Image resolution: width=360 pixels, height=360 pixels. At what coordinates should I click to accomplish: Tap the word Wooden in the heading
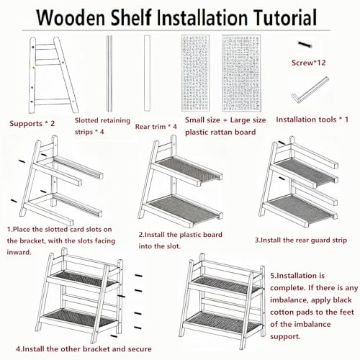coord(71,17)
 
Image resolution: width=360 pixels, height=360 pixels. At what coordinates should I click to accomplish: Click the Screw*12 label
coord(308,63)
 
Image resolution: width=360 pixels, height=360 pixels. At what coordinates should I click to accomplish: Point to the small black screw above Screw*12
coord(305,44)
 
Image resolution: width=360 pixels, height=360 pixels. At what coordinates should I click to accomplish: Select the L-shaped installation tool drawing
coord(310,91)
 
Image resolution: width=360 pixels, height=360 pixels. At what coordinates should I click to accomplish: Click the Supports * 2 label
coord(32,124)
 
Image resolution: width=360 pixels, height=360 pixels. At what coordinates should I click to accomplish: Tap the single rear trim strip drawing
coord(147,73)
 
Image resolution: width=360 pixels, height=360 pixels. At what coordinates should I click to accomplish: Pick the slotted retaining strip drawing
coord(109,73)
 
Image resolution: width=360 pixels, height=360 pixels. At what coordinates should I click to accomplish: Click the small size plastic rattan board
coord(196,73)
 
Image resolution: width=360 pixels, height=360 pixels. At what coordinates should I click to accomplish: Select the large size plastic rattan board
coord(241,73)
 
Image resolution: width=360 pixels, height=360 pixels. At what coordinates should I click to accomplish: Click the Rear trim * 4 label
coord(156,127)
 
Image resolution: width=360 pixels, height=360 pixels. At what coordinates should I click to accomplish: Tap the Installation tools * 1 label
coord(312,120)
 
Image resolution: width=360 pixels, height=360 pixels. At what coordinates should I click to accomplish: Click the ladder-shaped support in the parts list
coord(53,75)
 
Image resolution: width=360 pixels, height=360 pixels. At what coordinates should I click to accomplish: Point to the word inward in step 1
coord(19,252)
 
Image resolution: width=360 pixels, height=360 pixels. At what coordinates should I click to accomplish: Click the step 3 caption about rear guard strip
coord(301,240)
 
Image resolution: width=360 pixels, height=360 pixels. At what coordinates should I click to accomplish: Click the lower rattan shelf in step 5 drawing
coord(223,323)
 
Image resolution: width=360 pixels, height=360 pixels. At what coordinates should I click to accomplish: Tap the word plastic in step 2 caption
coord(190,235)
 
